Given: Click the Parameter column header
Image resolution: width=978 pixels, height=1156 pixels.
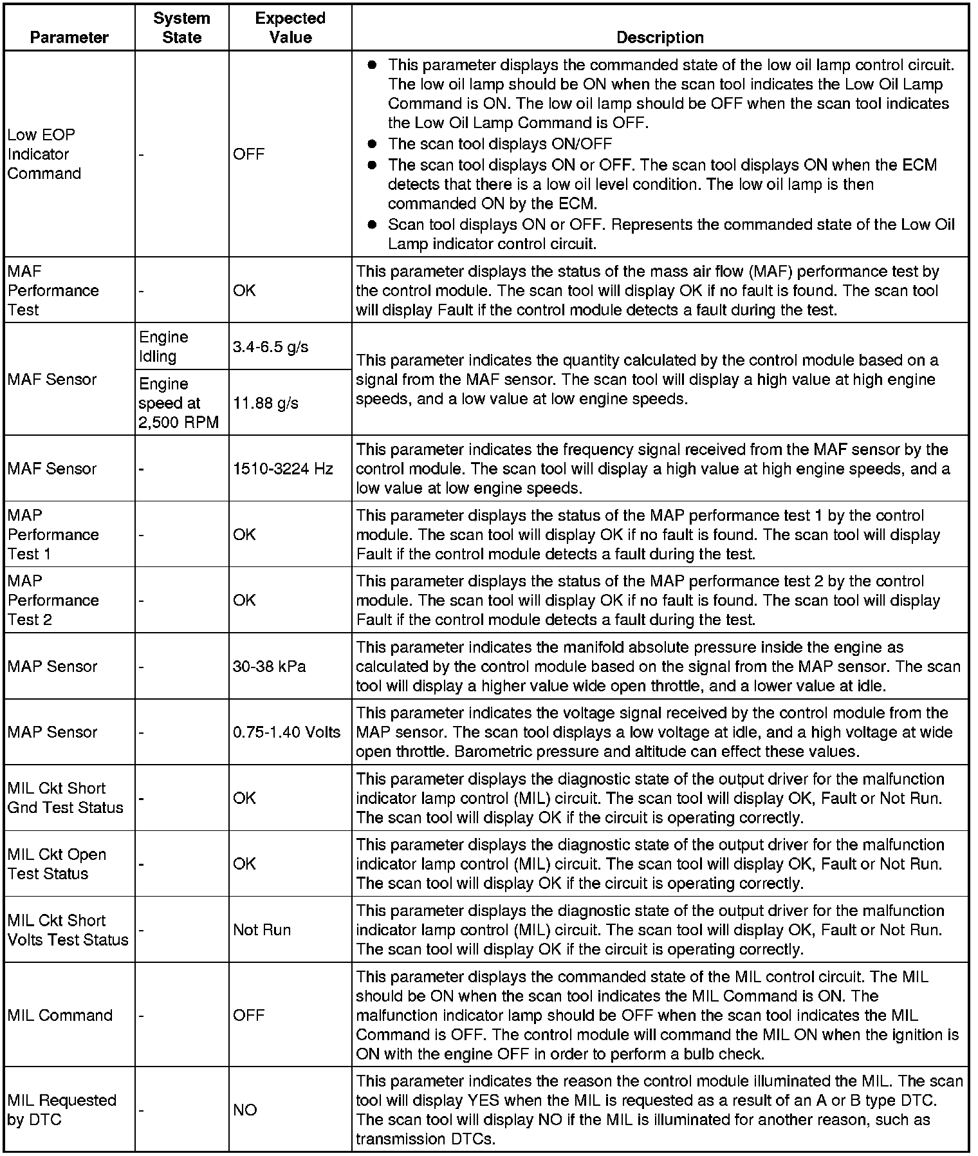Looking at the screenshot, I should (x=69, y=37).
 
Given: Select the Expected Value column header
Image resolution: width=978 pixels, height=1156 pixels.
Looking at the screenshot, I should (x=290, y=28).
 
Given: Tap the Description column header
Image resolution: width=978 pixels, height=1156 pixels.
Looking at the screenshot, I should (x=660, y=37).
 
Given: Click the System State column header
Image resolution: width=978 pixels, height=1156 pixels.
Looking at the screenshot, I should (x=181, y=28).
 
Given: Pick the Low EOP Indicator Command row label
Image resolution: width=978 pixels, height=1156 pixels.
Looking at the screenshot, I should (x=44, y=154).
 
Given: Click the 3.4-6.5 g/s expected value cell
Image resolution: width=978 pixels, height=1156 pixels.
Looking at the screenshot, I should (x=270, y=347).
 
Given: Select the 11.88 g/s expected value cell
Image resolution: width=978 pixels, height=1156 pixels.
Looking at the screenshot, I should (x=266, y=403).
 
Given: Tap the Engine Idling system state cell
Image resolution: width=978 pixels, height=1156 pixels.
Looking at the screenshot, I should (x=163, y=346).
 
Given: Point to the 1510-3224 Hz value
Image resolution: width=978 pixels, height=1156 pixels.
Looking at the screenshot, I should (x=282, y=469).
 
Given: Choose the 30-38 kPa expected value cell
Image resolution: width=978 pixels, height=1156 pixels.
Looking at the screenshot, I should (x=269, y=666).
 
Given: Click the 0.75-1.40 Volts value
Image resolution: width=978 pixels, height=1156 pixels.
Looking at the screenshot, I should (x=286, y=732).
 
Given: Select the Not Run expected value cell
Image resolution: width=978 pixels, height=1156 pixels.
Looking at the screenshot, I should (x=262, y=929).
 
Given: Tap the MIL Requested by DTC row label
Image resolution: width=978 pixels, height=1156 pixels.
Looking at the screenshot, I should (x=62, y=1110).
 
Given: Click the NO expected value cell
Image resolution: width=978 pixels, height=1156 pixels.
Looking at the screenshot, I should (x=245, y=1110).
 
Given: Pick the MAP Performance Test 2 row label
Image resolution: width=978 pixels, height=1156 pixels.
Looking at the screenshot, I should (x=53, y=600).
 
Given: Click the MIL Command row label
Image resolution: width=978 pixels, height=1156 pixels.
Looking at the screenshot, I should (x=60, y=1015).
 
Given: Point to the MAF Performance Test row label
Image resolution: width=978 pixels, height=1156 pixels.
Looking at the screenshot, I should (x=53, y=290).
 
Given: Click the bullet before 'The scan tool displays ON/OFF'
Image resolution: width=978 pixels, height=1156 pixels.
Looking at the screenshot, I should (x=371, y=144).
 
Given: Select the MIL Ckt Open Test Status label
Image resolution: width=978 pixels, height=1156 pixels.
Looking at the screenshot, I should (x=57, y=864).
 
